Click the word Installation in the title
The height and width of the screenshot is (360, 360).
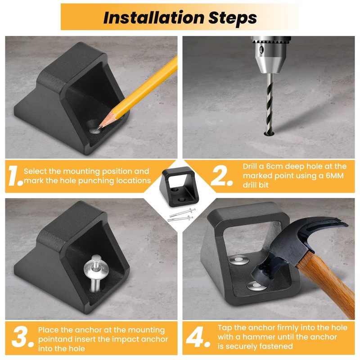coord(153,18)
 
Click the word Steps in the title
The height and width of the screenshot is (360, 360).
coord(232,18)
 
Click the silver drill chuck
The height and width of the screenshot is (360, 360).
coord(271,54)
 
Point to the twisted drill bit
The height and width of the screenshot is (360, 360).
coord(270,103)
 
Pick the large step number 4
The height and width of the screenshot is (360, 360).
coord(198,337)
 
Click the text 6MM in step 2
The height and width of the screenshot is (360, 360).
coord(335,175)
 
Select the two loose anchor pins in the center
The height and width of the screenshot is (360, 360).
coord(181,215)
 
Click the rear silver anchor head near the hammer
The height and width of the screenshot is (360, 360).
coord(239,260)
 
